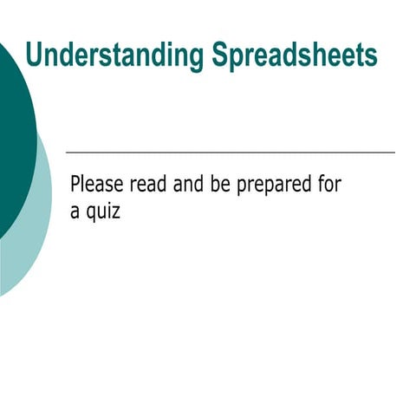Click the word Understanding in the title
114,55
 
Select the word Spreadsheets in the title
294,55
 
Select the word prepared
280,185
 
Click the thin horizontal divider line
230,153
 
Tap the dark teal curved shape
14,130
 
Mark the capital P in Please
76,184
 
